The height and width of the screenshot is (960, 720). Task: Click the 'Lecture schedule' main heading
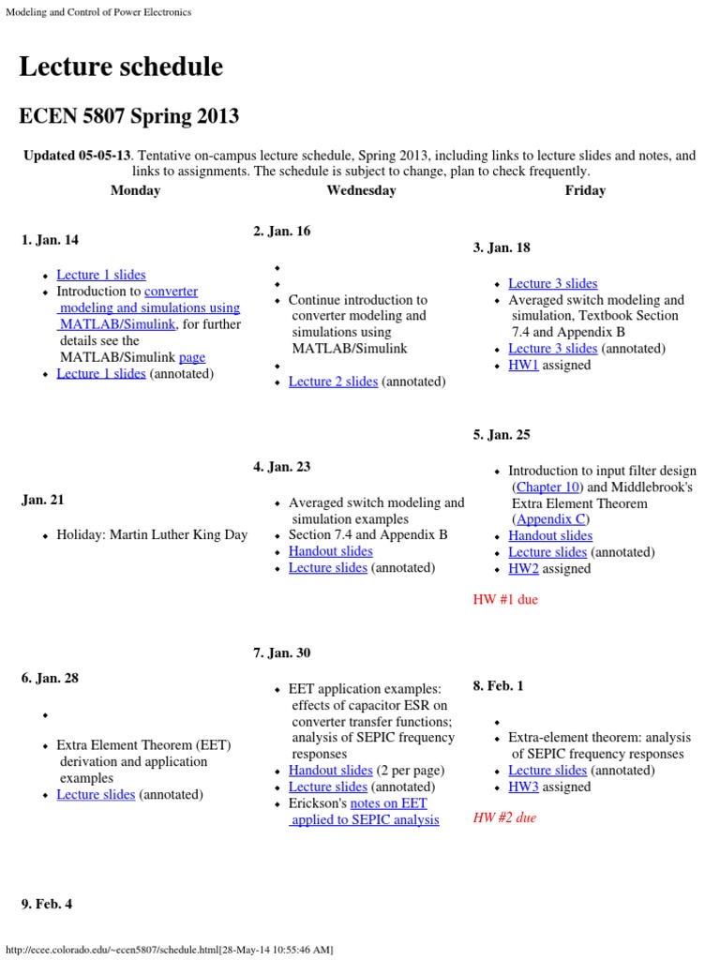121,67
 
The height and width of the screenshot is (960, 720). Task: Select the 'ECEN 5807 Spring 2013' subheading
128,117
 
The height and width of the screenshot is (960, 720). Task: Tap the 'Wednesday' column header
361,190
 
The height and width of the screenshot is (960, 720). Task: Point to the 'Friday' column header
585,190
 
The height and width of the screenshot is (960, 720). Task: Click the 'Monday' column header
135,190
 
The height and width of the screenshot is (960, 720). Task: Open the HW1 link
523,366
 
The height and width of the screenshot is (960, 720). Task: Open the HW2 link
523,569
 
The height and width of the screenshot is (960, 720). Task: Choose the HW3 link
523,787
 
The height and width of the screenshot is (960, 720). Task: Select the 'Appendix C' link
551,518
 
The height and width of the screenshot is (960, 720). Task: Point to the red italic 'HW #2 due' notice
504,818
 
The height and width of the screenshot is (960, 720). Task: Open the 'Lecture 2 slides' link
333,382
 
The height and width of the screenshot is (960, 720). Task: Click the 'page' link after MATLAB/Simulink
191,357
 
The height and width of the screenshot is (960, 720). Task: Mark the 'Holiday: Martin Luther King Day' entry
152,535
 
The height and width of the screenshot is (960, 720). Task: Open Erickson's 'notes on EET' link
388,803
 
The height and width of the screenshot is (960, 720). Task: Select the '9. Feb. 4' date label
47,905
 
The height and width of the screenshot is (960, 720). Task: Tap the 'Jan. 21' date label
43,501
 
